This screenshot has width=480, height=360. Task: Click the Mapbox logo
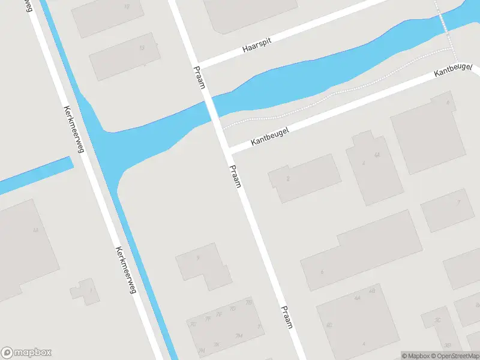coord(26,353)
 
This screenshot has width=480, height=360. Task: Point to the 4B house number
coord(372,291)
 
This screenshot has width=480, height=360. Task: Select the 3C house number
coord(437,320)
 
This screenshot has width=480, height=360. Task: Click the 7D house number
coord(233,308)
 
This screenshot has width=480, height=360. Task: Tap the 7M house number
coord(239,335)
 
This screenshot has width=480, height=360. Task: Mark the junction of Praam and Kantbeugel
coord(226,149)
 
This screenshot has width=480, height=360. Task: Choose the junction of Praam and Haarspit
coord(193,64)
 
